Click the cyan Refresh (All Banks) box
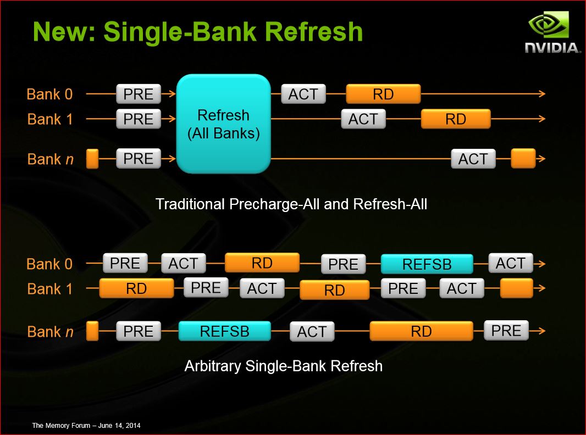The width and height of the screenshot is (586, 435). (x=224, y=124)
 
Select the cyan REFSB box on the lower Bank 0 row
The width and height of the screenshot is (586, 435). (x=427, y=264)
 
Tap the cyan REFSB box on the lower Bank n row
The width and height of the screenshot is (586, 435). (x=225, y=331)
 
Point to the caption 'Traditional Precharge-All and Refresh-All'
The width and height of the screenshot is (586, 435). (x=291, y=204)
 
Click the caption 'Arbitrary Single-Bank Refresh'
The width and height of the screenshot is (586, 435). (x=283, y=366)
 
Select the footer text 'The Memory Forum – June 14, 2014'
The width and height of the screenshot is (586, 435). (x=86, y=425)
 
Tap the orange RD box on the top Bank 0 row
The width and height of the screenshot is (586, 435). (x=384, y=94)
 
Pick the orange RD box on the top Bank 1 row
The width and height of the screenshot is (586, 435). (x=456, y=119)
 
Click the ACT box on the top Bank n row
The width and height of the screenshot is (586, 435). (x=473, y=159)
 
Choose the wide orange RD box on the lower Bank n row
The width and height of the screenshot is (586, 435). (x=421, y=331)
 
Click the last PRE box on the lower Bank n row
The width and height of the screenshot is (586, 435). (x=506, y=331)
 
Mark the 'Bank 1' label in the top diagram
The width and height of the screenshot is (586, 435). (x=49, y=120)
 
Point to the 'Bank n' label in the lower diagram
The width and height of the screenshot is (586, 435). (x=51, y=332)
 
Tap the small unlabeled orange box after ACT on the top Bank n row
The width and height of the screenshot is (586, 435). (x=523, y=158)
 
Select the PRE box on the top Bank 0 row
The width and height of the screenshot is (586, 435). (x=139, y=94)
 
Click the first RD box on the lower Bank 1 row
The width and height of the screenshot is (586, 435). (x=136, y=288)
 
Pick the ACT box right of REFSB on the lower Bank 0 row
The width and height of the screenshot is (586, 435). (x=511, y=263)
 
